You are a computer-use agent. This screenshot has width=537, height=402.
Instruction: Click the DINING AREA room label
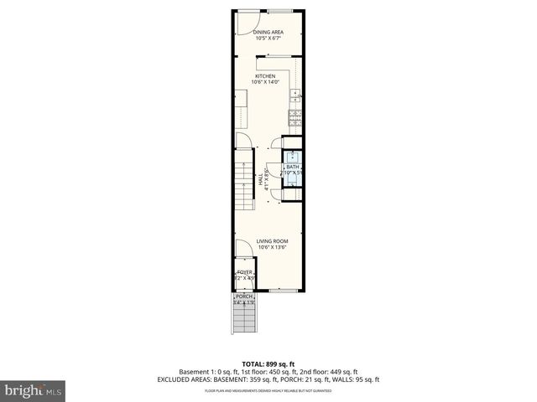(x=268, y=32)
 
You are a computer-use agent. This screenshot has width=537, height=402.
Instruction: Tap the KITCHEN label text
(x=265, y=76)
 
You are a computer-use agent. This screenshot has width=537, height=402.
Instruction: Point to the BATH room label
(x=292, y=167)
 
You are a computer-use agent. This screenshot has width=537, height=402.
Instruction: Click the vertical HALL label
(x=262, y=178)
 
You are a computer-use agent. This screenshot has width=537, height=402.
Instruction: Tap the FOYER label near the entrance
(x=244, y=272)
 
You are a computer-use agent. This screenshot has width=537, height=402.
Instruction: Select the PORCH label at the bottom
(x=244, y=296)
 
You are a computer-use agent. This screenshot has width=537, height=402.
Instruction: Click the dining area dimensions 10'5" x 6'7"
(x=268, y=38)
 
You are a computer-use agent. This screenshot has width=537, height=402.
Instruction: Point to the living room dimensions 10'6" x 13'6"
(x=272, y=247)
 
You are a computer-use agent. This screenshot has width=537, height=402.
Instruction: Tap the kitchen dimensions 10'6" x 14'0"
(x=265, y=82)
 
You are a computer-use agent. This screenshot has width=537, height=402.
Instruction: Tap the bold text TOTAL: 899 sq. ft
(x=268, y=364)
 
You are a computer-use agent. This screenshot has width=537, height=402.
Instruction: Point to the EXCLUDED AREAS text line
(x=268, y=379)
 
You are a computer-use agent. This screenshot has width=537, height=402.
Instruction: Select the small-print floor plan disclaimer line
(x=268, y=390)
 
